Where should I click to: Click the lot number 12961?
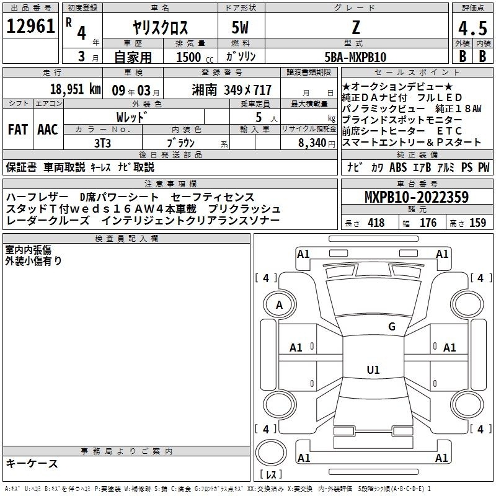[30, 26]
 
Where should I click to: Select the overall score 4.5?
[472, 29]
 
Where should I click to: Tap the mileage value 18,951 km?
[75, 89]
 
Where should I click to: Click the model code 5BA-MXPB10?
[355, 57]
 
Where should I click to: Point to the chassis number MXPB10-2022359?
[417, 197]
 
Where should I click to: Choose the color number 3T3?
[102, 143]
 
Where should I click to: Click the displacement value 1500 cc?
[194, 57]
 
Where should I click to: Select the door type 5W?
[240, 27]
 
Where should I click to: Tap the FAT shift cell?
[18, 130]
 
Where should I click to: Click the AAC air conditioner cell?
[48, 130]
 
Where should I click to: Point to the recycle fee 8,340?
[312, 143]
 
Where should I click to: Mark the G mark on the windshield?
[392, 327]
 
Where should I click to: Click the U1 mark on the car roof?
[373, 370]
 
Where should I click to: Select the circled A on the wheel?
[280, 305]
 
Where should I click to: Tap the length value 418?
[376, 223]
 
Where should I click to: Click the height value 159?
[477, 223]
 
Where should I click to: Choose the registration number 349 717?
[247, 90]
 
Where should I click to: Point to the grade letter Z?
[356, 27]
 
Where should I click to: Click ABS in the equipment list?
[398, 167]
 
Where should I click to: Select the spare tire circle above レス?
[271, 453]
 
